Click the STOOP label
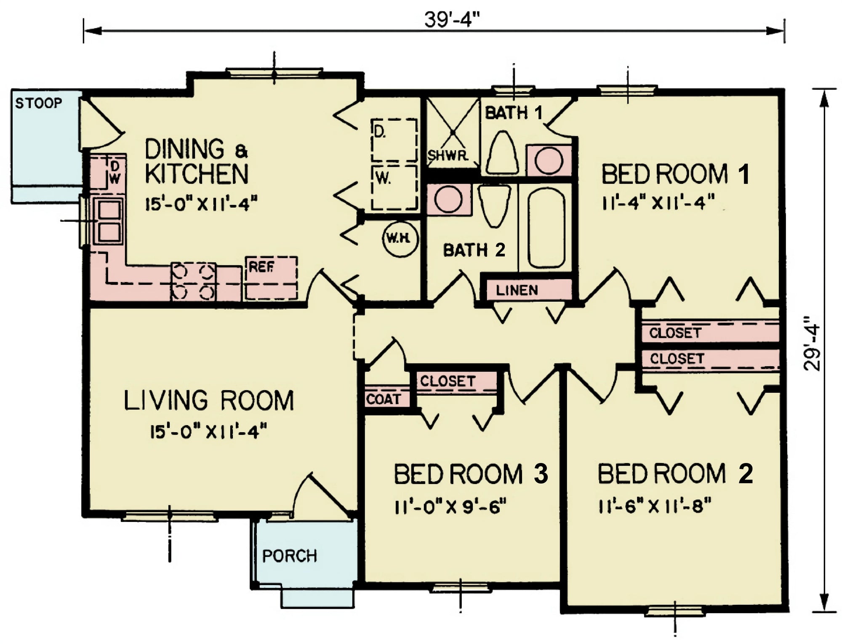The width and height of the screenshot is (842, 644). pos(38,103)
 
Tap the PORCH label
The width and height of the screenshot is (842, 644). pos(289,556)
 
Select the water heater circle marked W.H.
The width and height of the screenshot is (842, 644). pos(400,239)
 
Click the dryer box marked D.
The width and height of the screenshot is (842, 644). pos(394,140)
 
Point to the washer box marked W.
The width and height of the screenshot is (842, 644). pos(394,188)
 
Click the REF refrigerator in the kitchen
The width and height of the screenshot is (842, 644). pos(272,278)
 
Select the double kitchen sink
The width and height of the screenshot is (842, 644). pos(109,221)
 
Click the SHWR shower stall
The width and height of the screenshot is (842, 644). pos(453,133)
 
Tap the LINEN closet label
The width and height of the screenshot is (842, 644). pos(517,290)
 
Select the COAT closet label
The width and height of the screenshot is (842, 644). pos(383,399)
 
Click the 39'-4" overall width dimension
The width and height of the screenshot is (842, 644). pos(452,20)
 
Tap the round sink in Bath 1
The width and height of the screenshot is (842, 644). pos(549,161)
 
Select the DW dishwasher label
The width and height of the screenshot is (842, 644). pos(115,173)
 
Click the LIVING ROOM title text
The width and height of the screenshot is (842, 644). pos(209,401)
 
